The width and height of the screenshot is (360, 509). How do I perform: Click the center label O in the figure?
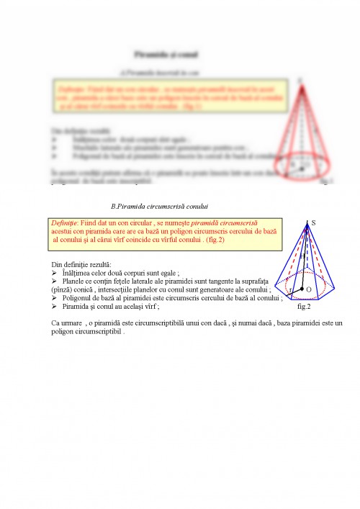click(309, 289)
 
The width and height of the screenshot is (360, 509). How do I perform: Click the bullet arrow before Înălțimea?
click(54, 274)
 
